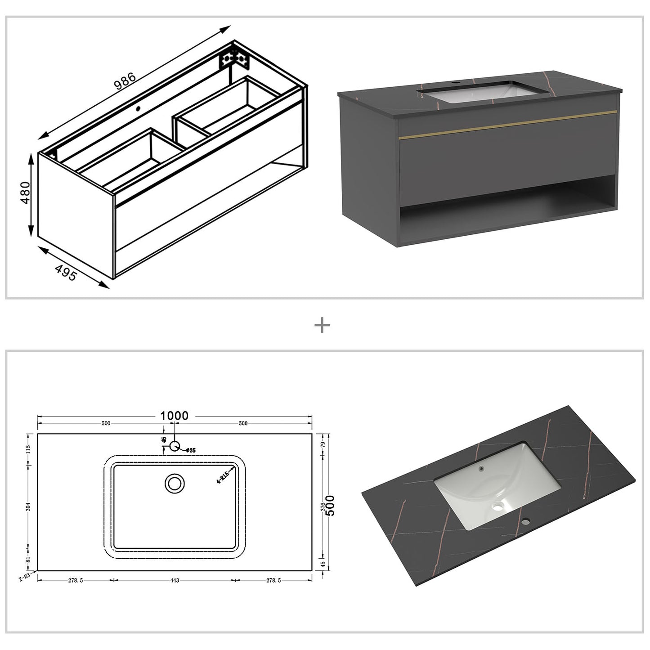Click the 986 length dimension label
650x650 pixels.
tap(125, 81)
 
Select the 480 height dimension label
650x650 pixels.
tap(25, 193)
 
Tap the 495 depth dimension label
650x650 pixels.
tap(66, 273)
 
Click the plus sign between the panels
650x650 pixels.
tap(322, 325)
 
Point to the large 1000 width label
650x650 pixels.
tap(175, 416)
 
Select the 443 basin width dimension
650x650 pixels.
tap(175, 580)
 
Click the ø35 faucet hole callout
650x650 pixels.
tap(190, 450)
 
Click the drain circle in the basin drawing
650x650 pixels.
tap(174, 484)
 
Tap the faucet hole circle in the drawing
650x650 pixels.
tap(175, 446)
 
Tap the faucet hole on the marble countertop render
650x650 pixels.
tap(525, 522)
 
